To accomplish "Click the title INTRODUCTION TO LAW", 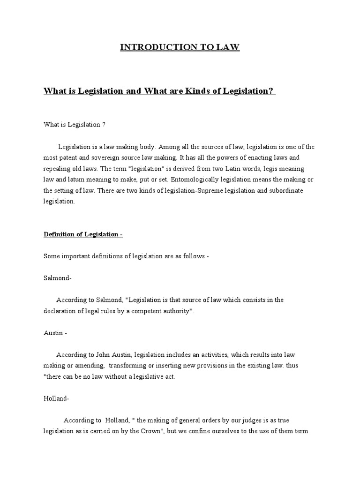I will (180, 47).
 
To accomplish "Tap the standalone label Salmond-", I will (58, 278).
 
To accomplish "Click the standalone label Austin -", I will (55, 333).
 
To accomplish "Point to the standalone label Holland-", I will (57, 399).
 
